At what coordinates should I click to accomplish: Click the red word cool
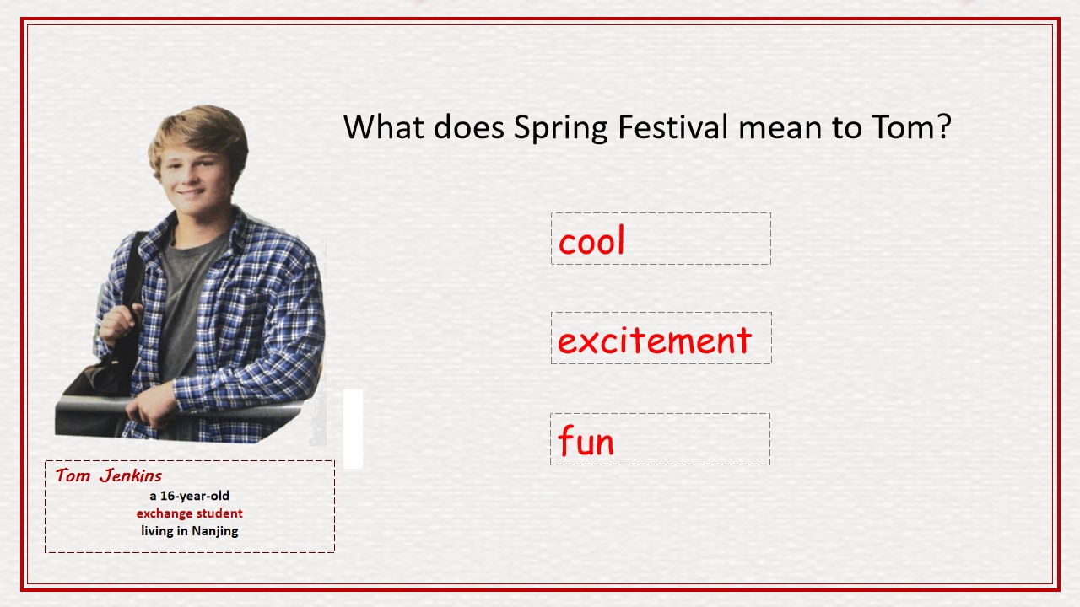click(x=591, y=239)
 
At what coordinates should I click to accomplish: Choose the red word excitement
click(x=655, y=340)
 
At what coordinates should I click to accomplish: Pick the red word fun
click(x=586, y=440)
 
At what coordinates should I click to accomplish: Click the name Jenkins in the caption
click(x=131, y=476)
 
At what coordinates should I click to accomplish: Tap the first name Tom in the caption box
click(x=73, y=475)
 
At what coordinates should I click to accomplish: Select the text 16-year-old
click(x=195, y=496)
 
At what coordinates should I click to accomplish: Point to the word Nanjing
click(x=215, y=531)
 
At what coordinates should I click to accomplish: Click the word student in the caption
click(x=219, y=513)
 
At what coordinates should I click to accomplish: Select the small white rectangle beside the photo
click(x=353, y=429)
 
